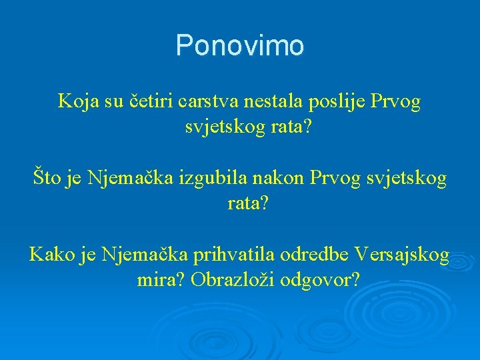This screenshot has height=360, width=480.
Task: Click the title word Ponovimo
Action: coord(240,46)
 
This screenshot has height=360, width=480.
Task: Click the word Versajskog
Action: coord(402,255)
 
